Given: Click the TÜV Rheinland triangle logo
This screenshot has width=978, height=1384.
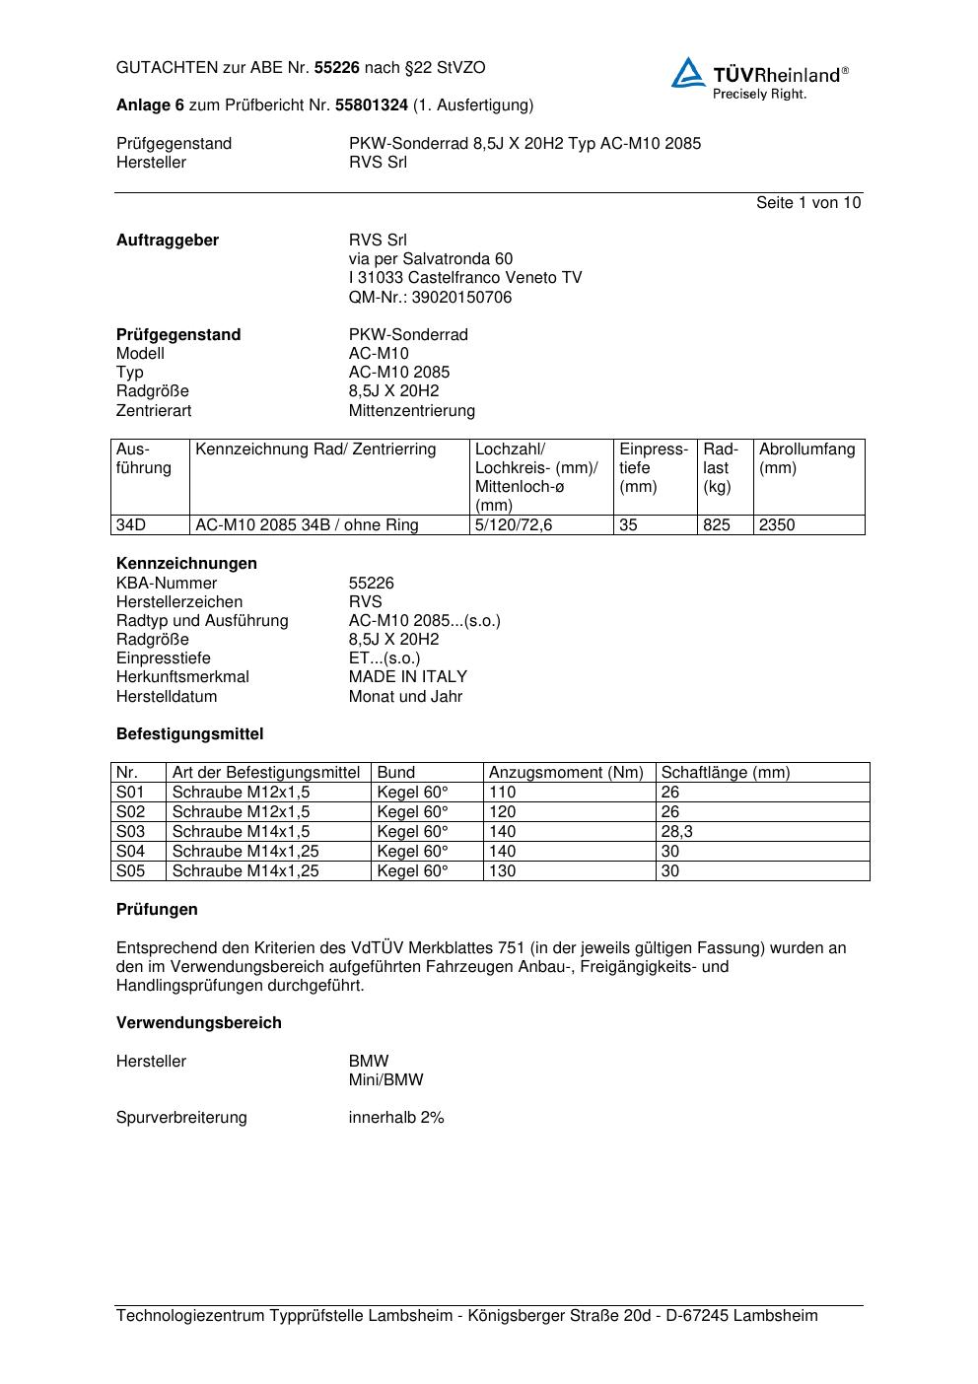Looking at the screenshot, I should (x=688, y=73).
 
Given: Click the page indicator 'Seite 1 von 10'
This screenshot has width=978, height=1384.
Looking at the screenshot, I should (x=807, y=203).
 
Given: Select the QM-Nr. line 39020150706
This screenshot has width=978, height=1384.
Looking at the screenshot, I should (x=430, y=298).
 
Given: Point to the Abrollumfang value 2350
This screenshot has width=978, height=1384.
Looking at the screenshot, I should (x=777, y=525).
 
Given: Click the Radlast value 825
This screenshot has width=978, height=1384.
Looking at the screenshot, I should (x=717, y=525).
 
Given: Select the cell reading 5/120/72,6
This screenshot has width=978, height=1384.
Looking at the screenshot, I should (x=514, y=525).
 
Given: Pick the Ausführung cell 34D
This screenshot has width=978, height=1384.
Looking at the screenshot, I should (x=131, y=525).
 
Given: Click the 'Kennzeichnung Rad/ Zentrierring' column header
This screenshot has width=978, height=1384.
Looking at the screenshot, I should (x=315, y=450).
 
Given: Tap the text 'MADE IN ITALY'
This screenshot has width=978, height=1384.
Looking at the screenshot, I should (x=408, y=677).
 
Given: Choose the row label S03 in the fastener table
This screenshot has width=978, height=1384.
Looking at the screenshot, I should (x=130, y=832).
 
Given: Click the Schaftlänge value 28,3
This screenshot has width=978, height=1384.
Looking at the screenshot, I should (x=676, y=832).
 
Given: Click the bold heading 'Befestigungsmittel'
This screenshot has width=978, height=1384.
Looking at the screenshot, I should (x=189, y=734).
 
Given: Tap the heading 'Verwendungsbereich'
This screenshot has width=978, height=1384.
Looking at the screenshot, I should (x=198, y=1023).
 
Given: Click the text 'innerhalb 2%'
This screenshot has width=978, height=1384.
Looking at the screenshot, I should (x=396, y=1118).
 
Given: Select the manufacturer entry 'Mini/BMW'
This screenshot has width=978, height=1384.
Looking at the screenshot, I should (x=385, y=1080).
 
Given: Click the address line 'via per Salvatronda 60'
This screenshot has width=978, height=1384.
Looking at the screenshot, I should (x=430, y=259).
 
